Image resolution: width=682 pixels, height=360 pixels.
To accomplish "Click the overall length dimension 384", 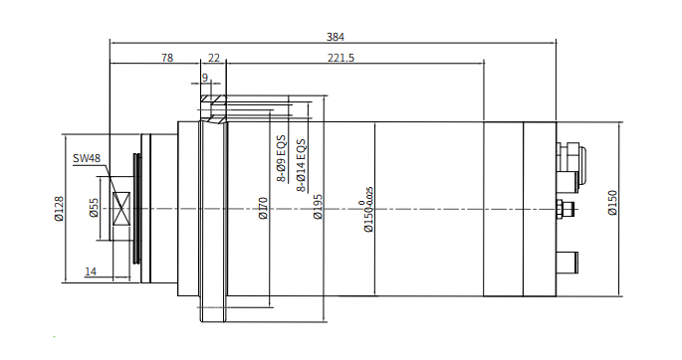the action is tap(336, 37).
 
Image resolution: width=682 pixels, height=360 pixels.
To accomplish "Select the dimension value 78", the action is tap(167, 58).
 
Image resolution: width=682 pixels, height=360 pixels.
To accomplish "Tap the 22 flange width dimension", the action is tap(214, 58).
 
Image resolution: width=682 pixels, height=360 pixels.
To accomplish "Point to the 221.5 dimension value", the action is tap(341, 58).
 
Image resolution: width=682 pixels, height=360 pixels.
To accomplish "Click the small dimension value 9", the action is tap(205, 78).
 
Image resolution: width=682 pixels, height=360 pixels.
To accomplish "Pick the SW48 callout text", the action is tap(87, 158).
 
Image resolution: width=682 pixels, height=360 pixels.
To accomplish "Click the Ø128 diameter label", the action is tap(59, 209).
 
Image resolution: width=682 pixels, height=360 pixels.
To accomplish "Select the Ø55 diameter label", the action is tap(94, 208).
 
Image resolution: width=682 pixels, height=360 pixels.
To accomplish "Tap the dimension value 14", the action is tap(91, 271).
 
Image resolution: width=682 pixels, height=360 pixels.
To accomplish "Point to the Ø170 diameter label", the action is tap(263, 209).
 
